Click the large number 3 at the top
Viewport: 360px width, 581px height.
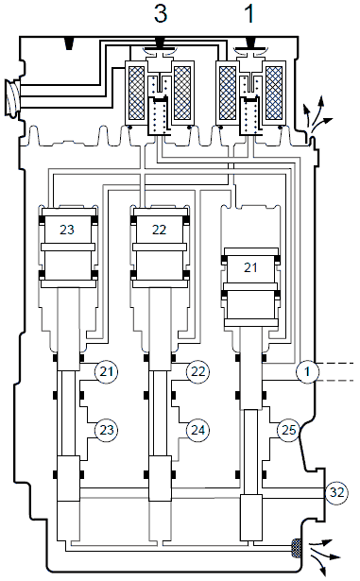tap(161, 14)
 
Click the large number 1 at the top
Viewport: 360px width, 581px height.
tap(250, 14)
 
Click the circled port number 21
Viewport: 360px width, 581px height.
tap(107, 371)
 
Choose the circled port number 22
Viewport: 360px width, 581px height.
tap(198, 371)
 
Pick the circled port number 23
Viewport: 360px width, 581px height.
tap(107, 430)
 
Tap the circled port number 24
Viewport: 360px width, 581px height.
tap(198, 430)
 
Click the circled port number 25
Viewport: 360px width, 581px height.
tap(289, 430)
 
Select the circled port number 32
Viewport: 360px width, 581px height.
tap(336, 492)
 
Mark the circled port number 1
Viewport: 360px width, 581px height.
tap(307, 371)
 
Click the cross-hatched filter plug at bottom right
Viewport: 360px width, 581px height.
tap(296, 548)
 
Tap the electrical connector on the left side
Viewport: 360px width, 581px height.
tap(12, 98)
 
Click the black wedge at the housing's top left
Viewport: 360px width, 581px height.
tap(69, 43)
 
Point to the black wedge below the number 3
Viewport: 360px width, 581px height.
tap(161, 43)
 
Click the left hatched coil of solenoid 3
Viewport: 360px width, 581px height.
tap(136, 93)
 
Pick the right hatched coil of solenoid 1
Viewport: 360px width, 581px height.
tap(274, 93)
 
